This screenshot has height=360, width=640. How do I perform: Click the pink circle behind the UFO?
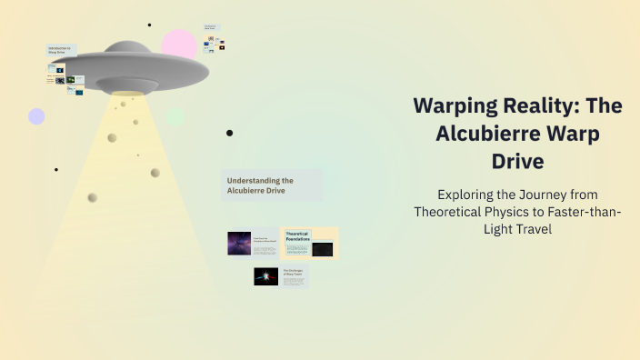point(180,45)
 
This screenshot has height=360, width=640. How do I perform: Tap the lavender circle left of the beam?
point(36,116)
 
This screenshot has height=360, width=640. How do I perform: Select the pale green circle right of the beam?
point(176,117)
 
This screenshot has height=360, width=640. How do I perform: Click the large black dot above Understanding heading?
point(229,133)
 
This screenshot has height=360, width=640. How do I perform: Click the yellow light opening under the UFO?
point(126,92)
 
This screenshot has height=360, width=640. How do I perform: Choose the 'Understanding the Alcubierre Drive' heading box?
point(271,185)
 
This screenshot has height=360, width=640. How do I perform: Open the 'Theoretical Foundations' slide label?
point(297,235)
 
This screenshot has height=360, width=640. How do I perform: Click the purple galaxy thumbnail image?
point(239,243)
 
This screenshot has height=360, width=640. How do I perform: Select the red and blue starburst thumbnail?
point(266,276)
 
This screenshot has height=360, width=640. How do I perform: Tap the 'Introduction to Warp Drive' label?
point(62,51)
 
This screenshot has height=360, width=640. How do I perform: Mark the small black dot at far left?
point(56,169)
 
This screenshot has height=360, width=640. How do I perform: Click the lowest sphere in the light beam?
point(92,197)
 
